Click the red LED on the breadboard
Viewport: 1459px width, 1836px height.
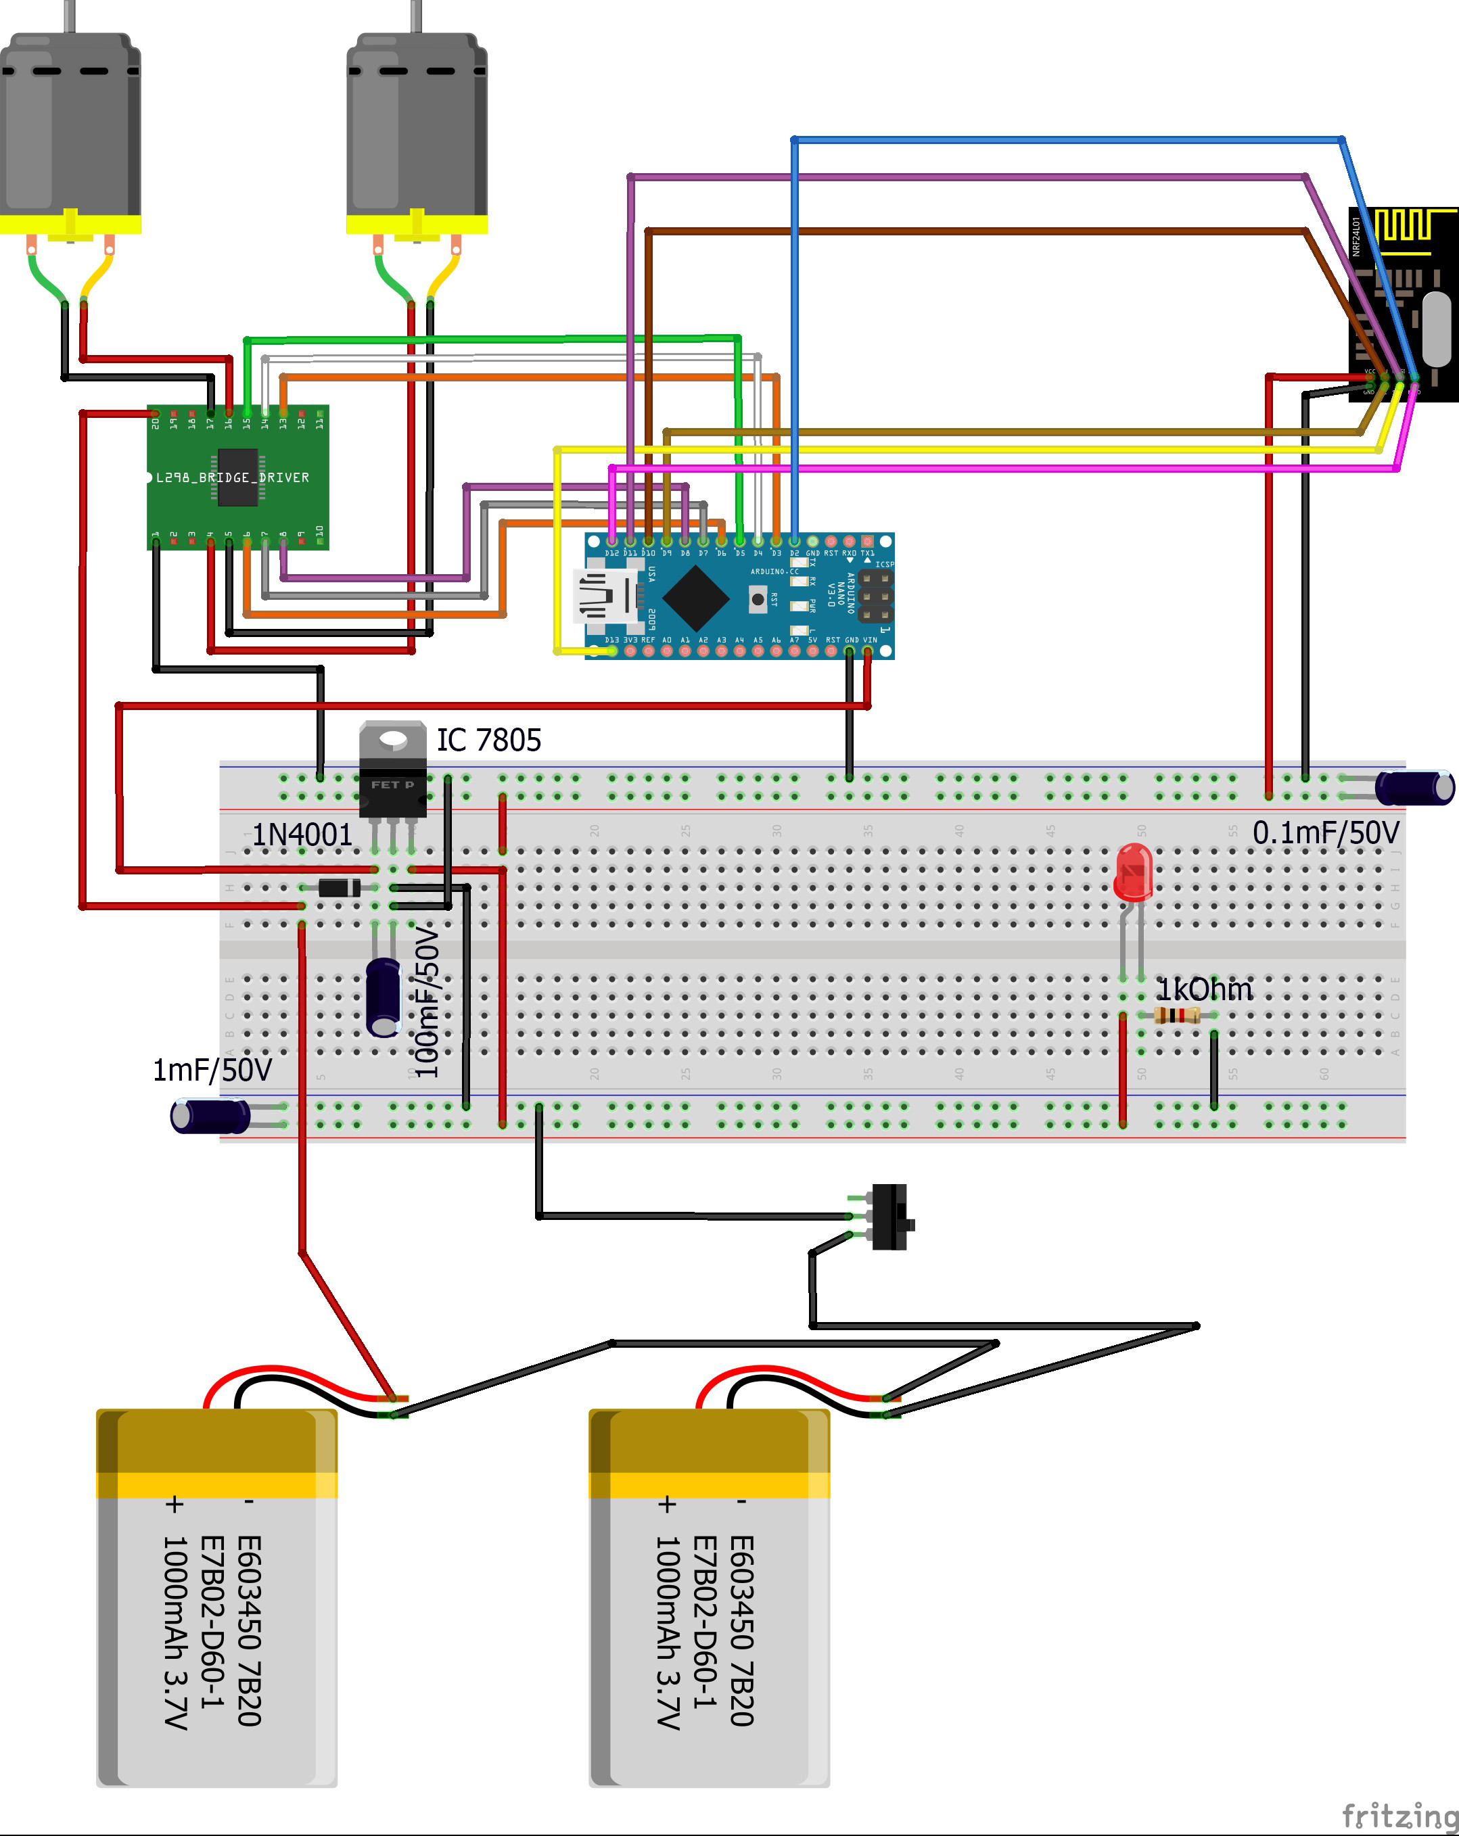[1134, 872]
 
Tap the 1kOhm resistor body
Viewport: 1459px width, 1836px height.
[1176, 1015]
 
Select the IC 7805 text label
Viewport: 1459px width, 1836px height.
[489, 740]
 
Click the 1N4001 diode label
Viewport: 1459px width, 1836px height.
[302, 834]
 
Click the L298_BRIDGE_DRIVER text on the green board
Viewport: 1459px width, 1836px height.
[232, 477]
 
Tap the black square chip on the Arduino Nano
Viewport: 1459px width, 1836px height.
[696, 598]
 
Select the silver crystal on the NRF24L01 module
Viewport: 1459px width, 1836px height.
[1436, 328]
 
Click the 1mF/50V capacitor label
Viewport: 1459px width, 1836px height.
[212, 1070]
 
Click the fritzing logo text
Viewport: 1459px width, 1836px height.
[1399, 1816]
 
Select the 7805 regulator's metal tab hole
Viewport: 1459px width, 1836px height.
[392, 738]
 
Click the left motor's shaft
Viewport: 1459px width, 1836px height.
[70, 16]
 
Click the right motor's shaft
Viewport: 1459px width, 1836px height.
[417, 16]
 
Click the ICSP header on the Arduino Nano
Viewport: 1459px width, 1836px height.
[875, 596]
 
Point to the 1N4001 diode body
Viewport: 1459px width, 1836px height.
[339, 888]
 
